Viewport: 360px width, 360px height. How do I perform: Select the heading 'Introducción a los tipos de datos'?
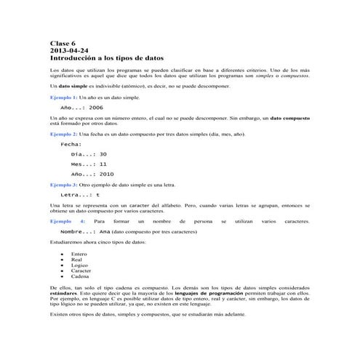(106, 57)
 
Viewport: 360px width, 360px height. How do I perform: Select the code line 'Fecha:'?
(71, 145)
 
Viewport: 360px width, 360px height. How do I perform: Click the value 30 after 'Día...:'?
(103, 155)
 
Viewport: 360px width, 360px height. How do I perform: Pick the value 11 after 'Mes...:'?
(103, 164)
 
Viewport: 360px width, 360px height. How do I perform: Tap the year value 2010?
(106, 175)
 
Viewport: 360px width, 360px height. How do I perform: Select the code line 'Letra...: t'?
(80, 195)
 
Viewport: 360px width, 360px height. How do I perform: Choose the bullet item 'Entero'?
(79, 254)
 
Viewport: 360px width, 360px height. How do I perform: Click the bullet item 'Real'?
(76, 260)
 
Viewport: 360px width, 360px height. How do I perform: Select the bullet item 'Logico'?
(79, 265)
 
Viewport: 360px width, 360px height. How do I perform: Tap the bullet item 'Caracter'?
(81, 271)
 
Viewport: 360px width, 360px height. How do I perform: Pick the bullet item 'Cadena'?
(79, 277)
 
